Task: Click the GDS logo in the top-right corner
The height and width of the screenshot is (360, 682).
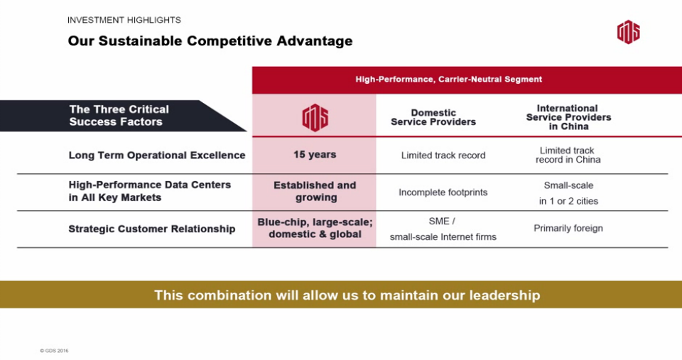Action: (629, 32)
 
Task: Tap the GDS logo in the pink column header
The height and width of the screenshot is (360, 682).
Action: (315, 117)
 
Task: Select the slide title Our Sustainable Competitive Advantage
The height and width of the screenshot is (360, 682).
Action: (210, 41)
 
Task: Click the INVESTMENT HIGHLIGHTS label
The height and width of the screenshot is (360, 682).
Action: (124, 20)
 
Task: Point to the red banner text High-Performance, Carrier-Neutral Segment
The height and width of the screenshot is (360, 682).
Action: (448, 79)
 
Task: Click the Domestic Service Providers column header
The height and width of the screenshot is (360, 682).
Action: (433, 117)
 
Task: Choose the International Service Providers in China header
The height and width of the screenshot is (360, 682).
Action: (568, 117)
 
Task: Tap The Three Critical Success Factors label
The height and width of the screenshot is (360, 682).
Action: (119, 115)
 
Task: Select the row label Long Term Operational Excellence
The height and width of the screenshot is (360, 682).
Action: (157, 156)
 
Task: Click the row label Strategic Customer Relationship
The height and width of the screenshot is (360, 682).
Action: (152, 229)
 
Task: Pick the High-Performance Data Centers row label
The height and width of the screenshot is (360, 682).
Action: (150, 191)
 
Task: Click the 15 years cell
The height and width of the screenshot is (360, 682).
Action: (315, 154)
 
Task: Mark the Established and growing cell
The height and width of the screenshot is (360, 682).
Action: (315, 191)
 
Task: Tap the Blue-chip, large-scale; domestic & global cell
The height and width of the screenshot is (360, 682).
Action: (315, 228)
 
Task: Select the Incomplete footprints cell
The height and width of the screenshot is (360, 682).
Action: (443, 192)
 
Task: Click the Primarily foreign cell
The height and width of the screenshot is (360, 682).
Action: (568, 228)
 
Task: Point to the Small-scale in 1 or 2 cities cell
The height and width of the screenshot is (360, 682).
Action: (568, 193)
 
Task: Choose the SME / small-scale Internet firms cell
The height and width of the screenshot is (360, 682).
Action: (443, 229)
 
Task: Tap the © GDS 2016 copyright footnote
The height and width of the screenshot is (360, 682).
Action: (54, 351)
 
